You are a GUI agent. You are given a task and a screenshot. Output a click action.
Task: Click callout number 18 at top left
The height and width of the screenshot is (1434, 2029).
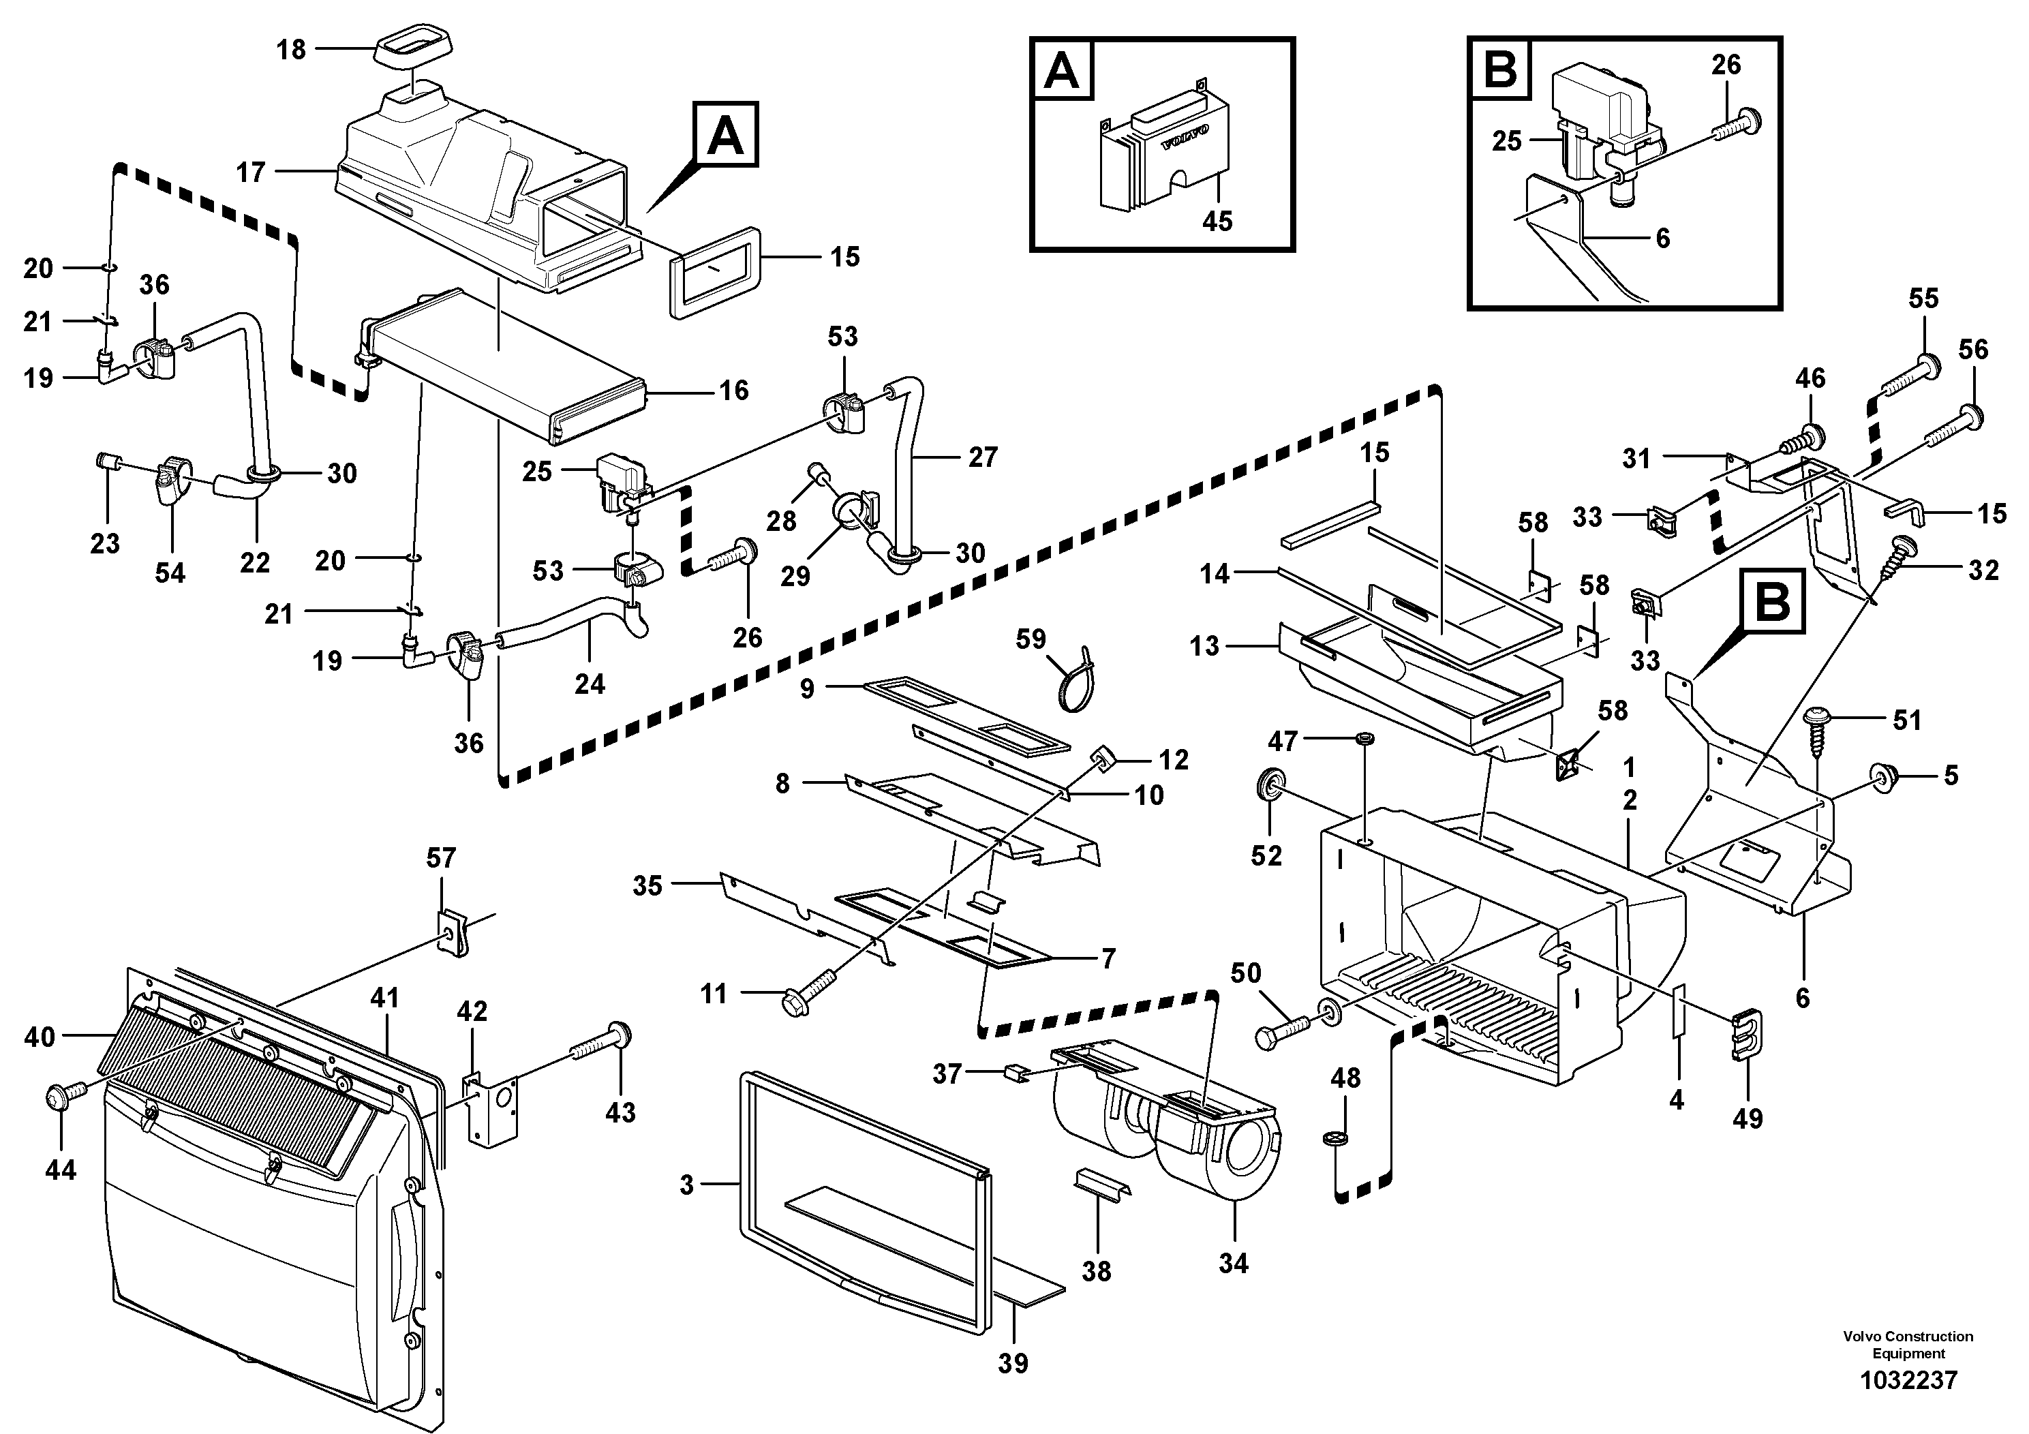click(x=291, y=50)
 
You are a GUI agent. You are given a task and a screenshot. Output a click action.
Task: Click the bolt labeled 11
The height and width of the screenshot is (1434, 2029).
click(x=808, y=990)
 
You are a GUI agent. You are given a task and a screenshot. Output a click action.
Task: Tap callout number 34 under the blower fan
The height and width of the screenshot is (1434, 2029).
click(x=1233, y=1263)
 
